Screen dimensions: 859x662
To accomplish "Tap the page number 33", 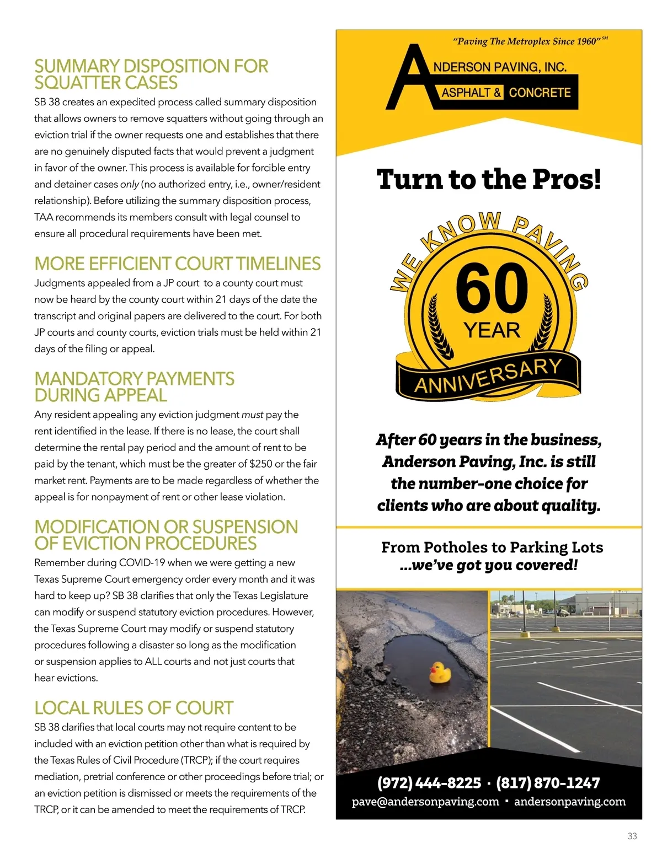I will (x=632, y=836).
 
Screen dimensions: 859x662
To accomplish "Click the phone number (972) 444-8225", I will (x=429, y=783).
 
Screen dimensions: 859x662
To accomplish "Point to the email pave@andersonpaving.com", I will (x=425, y=802).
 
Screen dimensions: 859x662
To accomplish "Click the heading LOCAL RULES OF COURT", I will (x=134, y=708).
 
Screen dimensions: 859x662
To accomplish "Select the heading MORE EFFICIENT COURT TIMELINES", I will (x=177, y=264).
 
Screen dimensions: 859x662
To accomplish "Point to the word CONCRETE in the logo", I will (x=540, y=93).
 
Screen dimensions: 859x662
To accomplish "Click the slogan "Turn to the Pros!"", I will (x=488, y=179).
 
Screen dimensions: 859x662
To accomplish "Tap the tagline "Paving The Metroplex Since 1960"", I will (x=525, y=41).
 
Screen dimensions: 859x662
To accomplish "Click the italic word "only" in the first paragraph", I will (x=130, y=184).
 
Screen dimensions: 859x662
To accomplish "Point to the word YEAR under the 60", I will (x=492, y=330).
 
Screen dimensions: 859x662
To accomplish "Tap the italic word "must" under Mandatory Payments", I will (x=252, y=415).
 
